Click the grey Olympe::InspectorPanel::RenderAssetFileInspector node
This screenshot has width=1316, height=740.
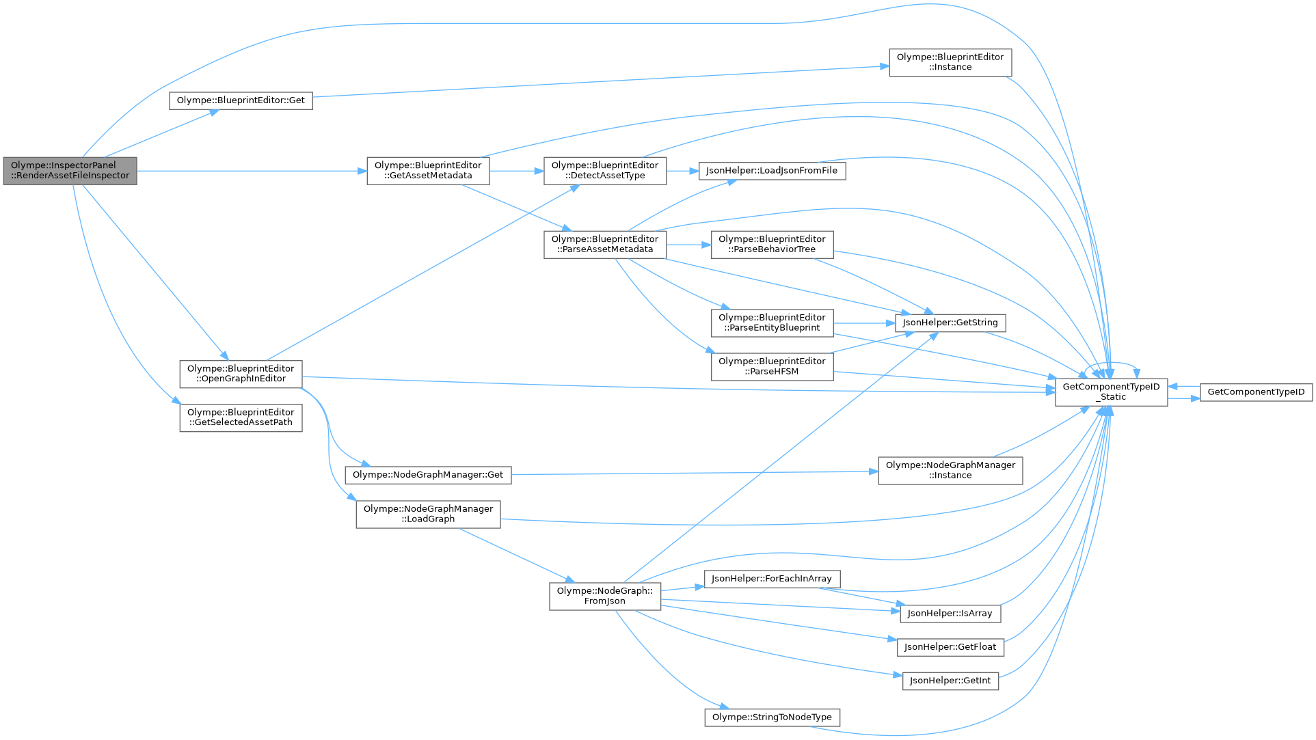pos(70,171)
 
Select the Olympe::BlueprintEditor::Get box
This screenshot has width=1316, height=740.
pos(241,100)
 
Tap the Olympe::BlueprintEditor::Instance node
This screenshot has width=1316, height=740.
pos(950,62)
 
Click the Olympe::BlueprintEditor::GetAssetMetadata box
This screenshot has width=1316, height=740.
pos(428,171)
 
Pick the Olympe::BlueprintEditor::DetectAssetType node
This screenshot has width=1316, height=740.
pos(604,171)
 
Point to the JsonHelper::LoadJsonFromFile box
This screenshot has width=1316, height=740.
pos(771,171)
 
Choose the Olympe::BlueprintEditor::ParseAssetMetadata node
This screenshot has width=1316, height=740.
pos(604,245)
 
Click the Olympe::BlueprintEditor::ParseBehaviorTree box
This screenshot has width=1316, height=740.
pos(772,245)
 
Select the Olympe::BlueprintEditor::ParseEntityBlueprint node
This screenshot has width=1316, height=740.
pos(772,323)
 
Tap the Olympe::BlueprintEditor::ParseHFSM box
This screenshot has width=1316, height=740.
pos(772,367)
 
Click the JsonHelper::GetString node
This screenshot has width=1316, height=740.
pos(950,323)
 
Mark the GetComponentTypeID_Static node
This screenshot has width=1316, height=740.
pos(1111,392)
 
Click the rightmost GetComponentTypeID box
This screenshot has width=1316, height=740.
pos(1256,392)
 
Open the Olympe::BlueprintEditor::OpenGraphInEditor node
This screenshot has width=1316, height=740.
pos(241,374)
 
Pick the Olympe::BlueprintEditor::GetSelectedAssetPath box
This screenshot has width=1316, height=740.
pos(241,417)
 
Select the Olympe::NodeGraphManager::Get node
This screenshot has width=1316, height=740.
pos(428,475)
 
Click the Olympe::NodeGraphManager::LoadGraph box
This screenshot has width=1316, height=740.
pos(428,514)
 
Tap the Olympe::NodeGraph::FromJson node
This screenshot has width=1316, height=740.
pos(604,597)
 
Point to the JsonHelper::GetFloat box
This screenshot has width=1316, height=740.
pos(950,647)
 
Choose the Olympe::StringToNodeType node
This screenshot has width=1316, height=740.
pos(772,717)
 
